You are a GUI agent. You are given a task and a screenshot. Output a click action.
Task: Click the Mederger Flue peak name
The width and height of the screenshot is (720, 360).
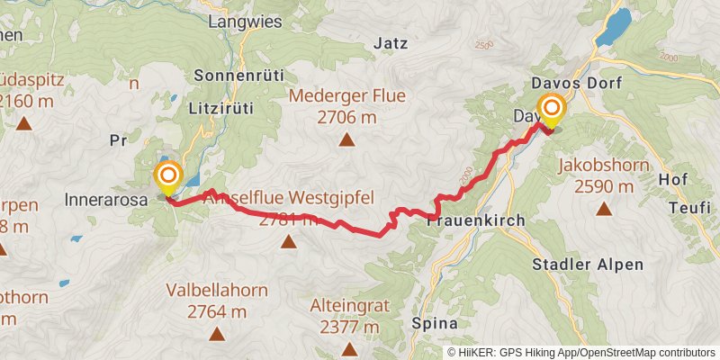pos(346,96)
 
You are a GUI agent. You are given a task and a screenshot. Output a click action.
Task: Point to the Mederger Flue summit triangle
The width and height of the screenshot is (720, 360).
pos(346,139)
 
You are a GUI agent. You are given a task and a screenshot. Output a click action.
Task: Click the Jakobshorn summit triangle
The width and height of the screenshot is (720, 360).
pos(603,210)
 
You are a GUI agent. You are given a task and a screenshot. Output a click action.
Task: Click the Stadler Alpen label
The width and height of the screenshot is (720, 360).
pos(588,265)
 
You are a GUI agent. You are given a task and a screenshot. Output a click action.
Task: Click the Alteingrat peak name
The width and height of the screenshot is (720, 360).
pos(348,306)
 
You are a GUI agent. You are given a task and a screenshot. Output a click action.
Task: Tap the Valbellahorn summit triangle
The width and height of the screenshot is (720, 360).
pos(217,334)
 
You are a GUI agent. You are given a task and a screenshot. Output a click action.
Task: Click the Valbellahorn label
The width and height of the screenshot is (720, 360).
pos(217,292)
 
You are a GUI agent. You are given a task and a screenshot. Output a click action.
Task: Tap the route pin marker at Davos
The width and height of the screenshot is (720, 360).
pos(551,112)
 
